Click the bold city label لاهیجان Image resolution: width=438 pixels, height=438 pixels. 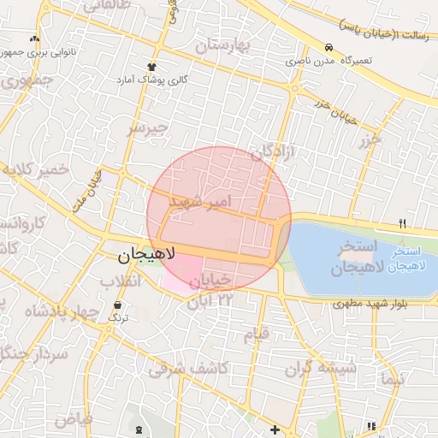tap(145, 254)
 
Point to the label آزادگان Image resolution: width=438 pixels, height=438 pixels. tap(273, 152)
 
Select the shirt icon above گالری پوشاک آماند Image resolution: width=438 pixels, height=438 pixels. tap(152, 66)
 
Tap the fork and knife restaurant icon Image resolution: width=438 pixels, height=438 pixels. tap(401, 223)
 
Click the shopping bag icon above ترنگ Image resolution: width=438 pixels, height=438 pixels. tap(117, 304)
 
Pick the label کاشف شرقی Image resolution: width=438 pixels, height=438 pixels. tap(187, 368)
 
